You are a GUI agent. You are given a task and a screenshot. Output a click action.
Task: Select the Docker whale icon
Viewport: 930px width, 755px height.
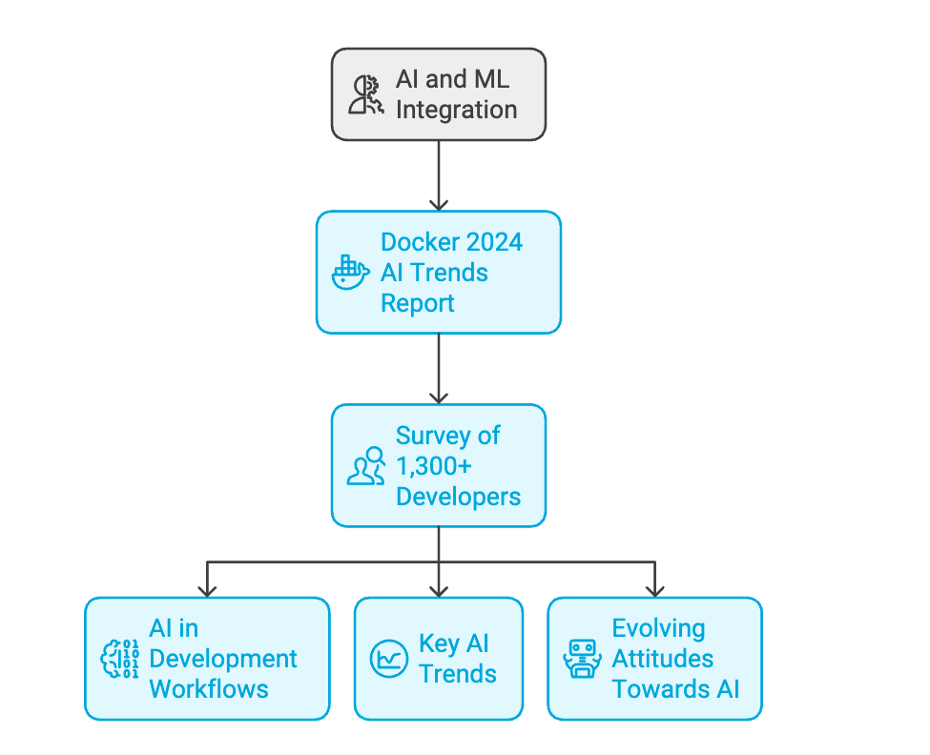pyautogui.click(x=350, y=273)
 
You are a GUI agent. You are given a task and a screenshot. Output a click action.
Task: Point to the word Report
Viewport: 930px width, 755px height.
pyautogui.click(x=418, y=303)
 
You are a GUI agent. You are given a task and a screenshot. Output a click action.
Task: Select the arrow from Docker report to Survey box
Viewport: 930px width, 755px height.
pyautogui.click(x=439, y=368)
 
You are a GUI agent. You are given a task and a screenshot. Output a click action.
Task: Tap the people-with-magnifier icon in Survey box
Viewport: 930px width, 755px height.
pyautogui.click(x=365, y=466)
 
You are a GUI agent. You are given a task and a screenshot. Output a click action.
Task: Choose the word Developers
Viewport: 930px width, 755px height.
pyautogui.click(x=458, y=497)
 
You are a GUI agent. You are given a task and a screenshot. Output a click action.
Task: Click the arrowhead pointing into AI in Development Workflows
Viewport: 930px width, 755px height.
pyautogui.click(x=207, y=589)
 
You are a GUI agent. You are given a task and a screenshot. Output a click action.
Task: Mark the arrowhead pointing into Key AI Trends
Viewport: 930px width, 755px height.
pyautogui.click(x=439, y=589)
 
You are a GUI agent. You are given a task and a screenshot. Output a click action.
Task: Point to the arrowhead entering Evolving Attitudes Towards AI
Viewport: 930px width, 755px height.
pyautogui.click(x=654, y=589)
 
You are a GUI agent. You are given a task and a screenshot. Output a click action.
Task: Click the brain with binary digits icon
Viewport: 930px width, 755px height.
pyautogui.click(x=120, y=659)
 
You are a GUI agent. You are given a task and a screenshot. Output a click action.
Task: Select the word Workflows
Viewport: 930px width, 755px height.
pyautogui.click(x=209, y=688)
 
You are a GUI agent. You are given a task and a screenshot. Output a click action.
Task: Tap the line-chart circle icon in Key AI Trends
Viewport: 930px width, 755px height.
pyautogui.click(x=388, y=659)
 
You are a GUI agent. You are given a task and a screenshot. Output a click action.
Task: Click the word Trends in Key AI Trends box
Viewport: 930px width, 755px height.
pyautogui.click(x=457, y=673)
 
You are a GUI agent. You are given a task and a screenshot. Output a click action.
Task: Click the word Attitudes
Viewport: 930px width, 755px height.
pyautogui.click(x=662, y=659)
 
